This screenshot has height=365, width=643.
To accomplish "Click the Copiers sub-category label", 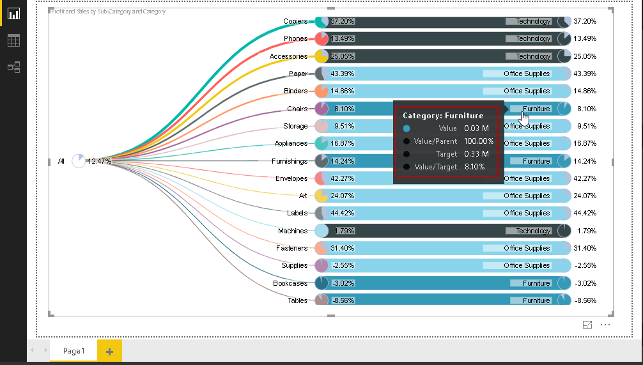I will click(x=295, y=21).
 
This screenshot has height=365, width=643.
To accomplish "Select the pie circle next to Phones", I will click(x=321, y=39).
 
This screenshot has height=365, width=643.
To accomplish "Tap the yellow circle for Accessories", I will click(x=321, y=56).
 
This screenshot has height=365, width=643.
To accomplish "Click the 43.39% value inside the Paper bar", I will click(x=343, y=74).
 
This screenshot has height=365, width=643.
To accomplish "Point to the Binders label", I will click(x=295, y=91).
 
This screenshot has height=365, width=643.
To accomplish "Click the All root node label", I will click(x=61, y=161).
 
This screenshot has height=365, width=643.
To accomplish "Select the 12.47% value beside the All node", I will click(x=99, y=161).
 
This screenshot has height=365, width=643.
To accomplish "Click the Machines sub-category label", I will click(x=293, y=231).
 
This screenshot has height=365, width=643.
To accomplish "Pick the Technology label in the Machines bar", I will click(x=533, y=231).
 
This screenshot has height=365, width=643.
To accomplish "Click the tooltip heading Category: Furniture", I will click(x=443, y=116).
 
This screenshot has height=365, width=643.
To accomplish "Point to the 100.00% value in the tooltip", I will click(x=479, y=141).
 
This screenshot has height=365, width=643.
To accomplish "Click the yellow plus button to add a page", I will click(x=109, y=351).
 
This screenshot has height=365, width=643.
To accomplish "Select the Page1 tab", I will click(x=74, y=351).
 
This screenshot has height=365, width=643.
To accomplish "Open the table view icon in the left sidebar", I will click(x=13, y=40).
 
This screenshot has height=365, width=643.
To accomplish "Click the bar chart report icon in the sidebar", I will click(x=13, y=13).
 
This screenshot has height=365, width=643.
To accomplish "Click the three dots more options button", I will click(x=605, y=325).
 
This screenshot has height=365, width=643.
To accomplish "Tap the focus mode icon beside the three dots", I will click(x=587, y=325).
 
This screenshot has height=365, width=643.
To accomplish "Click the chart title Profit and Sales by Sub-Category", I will click(x=108, y=12).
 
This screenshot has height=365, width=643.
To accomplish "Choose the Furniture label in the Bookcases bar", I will click(x=536, y=283).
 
